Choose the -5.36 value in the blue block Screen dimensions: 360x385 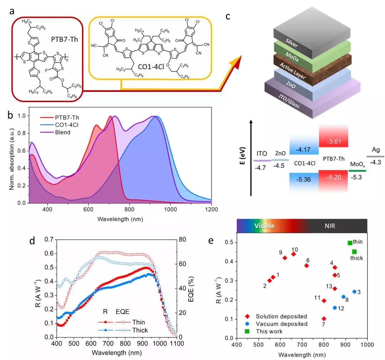coord(303,179)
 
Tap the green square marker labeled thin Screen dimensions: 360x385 coord(350,243)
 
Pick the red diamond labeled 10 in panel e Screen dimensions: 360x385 coord(293,254)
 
